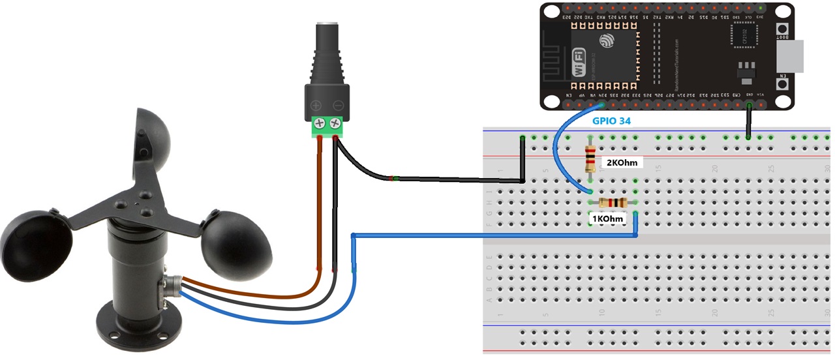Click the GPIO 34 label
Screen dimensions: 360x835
pos(611,121)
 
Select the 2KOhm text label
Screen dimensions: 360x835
pos(621,162)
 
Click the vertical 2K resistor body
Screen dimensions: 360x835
pos(590,158)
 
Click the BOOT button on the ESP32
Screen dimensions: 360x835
pos(780,30)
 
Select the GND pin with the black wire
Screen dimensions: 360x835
pos(749,104)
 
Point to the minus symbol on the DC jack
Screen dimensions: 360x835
pos(338,106)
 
